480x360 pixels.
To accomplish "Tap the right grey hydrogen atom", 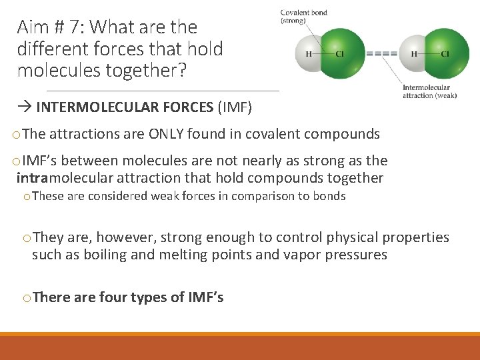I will (413, 54).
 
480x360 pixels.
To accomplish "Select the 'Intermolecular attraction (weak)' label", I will (429, 91).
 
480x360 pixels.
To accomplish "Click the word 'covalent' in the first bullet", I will (271, 134).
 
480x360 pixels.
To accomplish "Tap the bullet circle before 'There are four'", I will (27, 298).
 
